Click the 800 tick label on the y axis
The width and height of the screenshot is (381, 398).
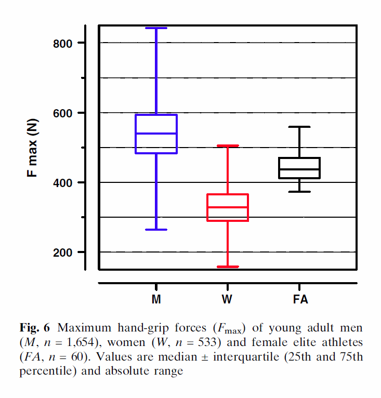click(63, 43)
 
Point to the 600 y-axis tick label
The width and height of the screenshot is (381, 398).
click(63, 113)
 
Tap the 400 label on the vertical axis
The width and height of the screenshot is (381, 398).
click(63, 182)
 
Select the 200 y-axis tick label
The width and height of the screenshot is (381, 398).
click(63, 253)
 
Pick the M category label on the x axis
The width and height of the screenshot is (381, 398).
click(156, 300)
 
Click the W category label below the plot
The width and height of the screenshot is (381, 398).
click(228, 300)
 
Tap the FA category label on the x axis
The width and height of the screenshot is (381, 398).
click(299, 300)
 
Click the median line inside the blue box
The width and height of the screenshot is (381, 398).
click(156, 134)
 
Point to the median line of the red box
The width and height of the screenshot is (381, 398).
click(228, 207)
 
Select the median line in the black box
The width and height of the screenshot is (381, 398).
click(299, 169)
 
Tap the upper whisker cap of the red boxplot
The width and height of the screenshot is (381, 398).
click(228, 146)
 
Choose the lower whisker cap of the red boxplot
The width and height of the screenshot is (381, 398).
click(228, 267)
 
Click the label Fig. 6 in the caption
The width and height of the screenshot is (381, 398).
click(35, 328)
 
